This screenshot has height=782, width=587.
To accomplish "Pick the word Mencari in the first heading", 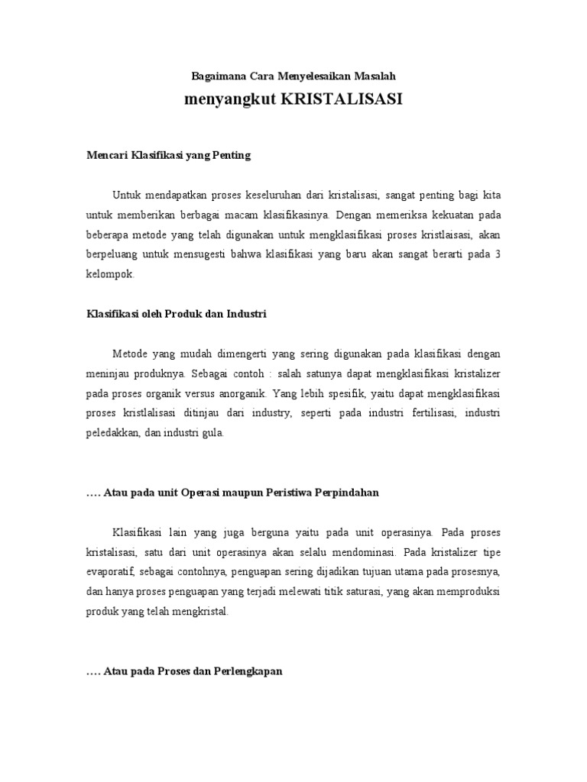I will (x=105, y=156).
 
